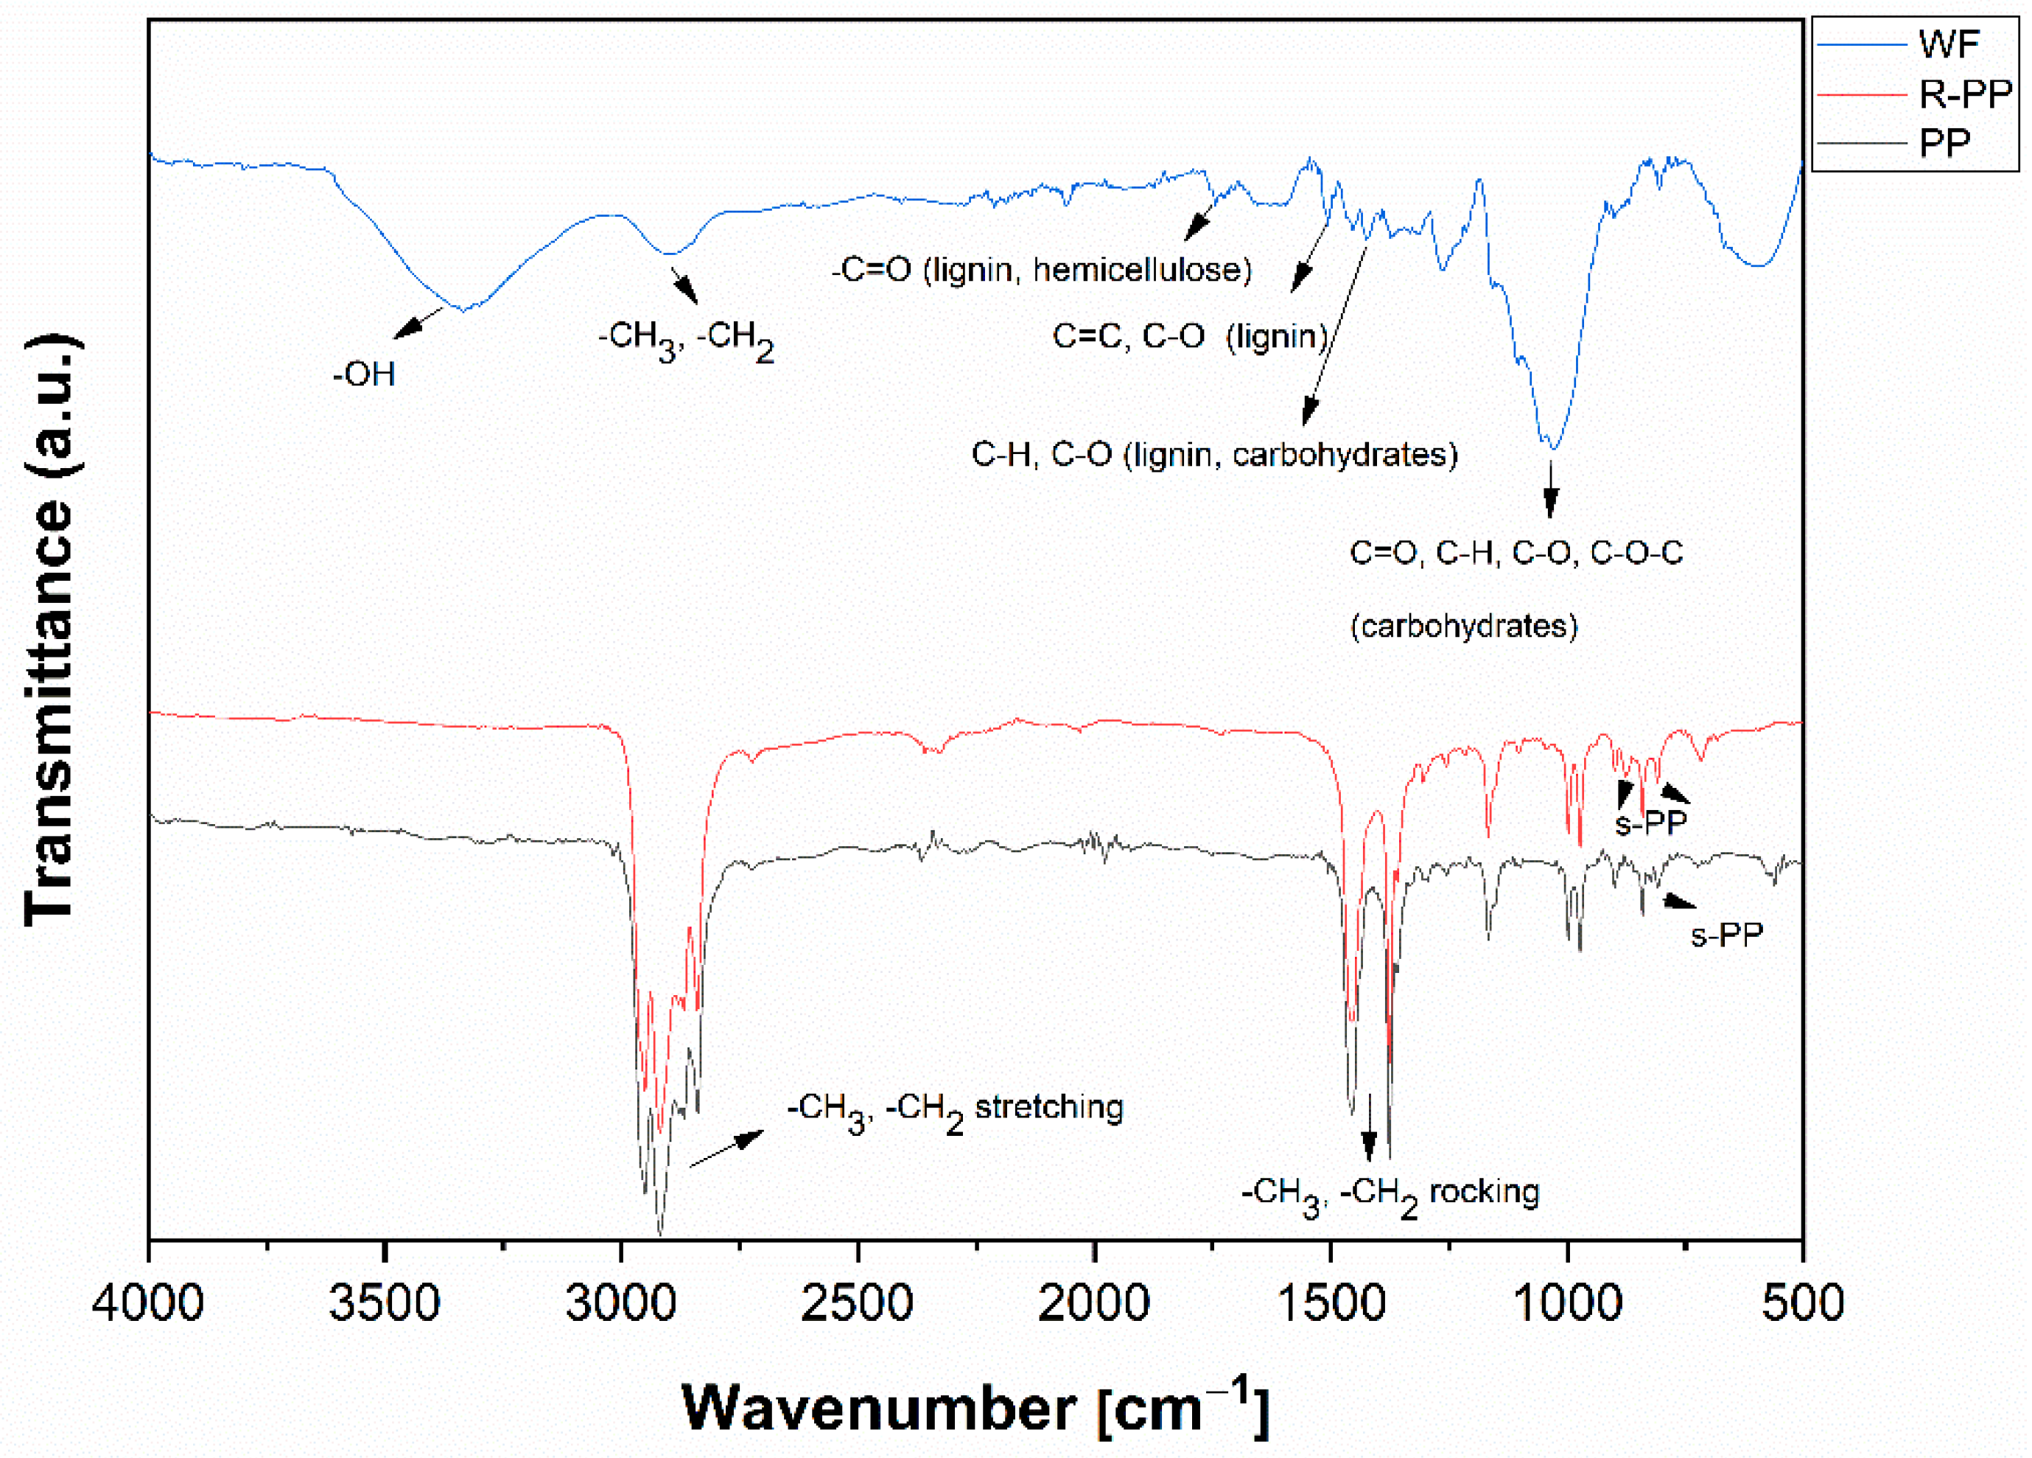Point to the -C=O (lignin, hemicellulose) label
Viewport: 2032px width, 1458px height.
(x=1041, y=269)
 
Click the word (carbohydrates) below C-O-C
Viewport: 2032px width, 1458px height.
(x=1464, y=626)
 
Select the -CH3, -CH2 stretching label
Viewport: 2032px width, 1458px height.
(x=955, y=1109)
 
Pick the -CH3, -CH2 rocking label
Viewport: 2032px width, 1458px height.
(x=1390, y=1193)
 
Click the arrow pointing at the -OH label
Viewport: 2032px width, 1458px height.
(x=418, y=323)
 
